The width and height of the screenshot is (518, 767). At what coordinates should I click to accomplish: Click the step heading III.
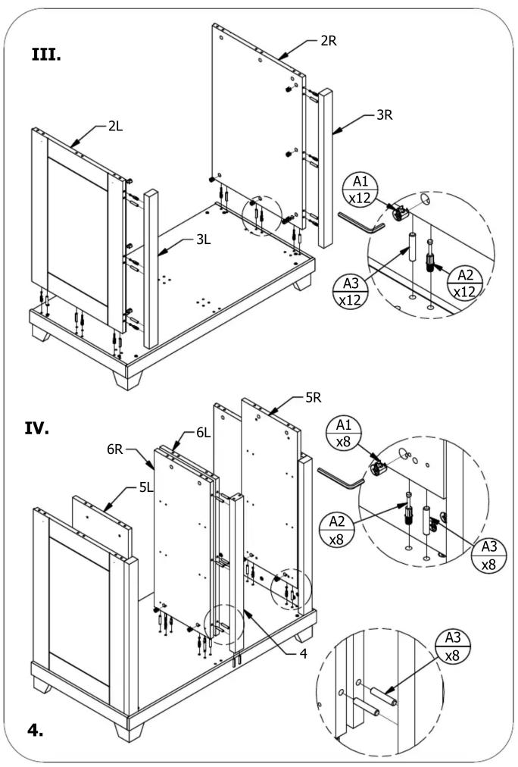(x=46, y=55)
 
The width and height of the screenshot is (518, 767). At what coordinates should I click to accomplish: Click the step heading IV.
(x=37, y=429)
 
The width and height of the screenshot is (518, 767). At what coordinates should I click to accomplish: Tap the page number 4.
(x=35, y=730)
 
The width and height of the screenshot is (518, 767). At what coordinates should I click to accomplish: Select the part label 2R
(x=329, y=41)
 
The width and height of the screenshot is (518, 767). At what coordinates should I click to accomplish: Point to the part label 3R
(x=385, y=115)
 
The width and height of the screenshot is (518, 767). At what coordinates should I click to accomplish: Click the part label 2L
(x=115, y=127)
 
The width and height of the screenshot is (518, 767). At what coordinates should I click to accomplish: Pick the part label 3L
(x=203, y=239)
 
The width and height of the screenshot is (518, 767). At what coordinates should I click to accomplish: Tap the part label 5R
(x=314, y=398)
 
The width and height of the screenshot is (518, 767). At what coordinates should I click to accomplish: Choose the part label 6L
(x=203, y=433)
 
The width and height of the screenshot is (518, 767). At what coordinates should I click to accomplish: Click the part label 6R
(x=115, y=449)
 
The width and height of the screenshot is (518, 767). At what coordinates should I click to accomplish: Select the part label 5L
(x=146, y=487)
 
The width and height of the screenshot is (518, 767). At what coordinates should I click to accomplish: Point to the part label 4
(x=303, y=653)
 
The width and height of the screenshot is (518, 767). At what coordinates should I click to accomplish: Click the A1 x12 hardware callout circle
(x=360, y=189)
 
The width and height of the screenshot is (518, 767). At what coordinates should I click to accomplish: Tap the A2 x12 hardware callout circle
(x=465, y=283)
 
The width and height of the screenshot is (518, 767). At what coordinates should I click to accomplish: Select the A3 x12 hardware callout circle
(x=351, y=291)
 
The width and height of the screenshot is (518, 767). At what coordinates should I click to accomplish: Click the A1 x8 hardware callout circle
(x=344, y=433)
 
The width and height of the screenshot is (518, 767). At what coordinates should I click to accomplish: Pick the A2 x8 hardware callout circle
(x=337, y=530)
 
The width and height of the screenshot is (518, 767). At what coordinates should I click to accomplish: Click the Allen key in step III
(x=361, y=223)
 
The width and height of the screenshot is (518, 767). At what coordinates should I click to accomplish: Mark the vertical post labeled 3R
(x=326, y=167)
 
